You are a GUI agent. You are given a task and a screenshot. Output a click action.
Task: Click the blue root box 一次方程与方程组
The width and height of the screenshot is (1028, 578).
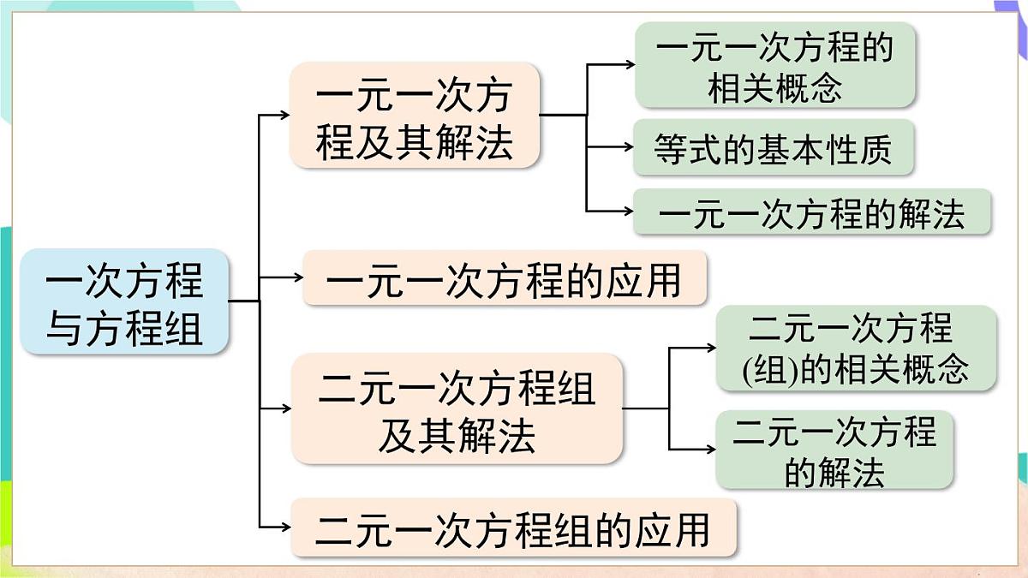(x=124, y=301)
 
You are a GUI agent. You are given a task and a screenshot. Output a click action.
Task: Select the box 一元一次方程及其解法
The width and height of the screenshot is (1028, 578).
(x=415, y=115)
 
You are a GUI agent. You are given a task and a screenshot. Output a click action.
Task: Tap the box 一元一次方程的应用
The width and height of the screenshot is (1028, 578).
(x=505, y=278)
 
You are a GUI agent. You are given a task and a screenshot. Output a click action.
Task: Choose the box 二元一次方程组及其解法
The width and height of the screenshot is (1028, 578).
(x=456, y=409)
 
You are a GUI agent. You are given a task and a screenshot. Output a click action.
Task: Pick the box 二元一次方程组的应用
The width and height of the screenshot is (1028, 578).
(x=513, y=527)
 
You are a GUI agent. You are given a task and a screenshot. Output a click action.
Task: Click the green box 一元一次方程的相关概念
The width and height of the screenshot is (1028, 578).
(x=774, y=65)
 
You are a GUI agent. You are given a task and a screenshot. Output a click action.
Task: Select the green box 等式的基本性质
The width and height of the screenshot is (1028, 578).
(x=773, y=147)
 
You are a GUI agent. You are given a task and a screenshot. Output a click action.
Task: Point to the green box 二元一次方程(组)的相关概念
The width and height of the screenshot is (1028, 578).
(x=856, y=349)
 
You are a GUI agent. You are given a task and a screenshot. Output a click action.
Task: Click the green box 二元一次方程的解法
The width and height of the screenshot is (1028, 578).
(x=834, y=450)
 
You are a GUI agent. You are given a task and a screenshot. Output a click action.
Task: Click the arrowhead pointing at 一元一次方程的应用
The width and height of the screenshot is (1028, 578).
(x=297, y=277)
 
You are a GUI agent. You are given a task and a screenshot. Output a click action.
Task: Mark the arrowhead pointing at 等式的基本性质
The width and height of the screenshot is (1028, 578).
(x=627, y=147)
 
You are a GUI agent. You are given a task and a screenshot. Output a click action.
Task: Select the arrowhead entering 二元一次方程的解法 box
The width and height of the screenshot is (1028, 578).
(x=710, y=450)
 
